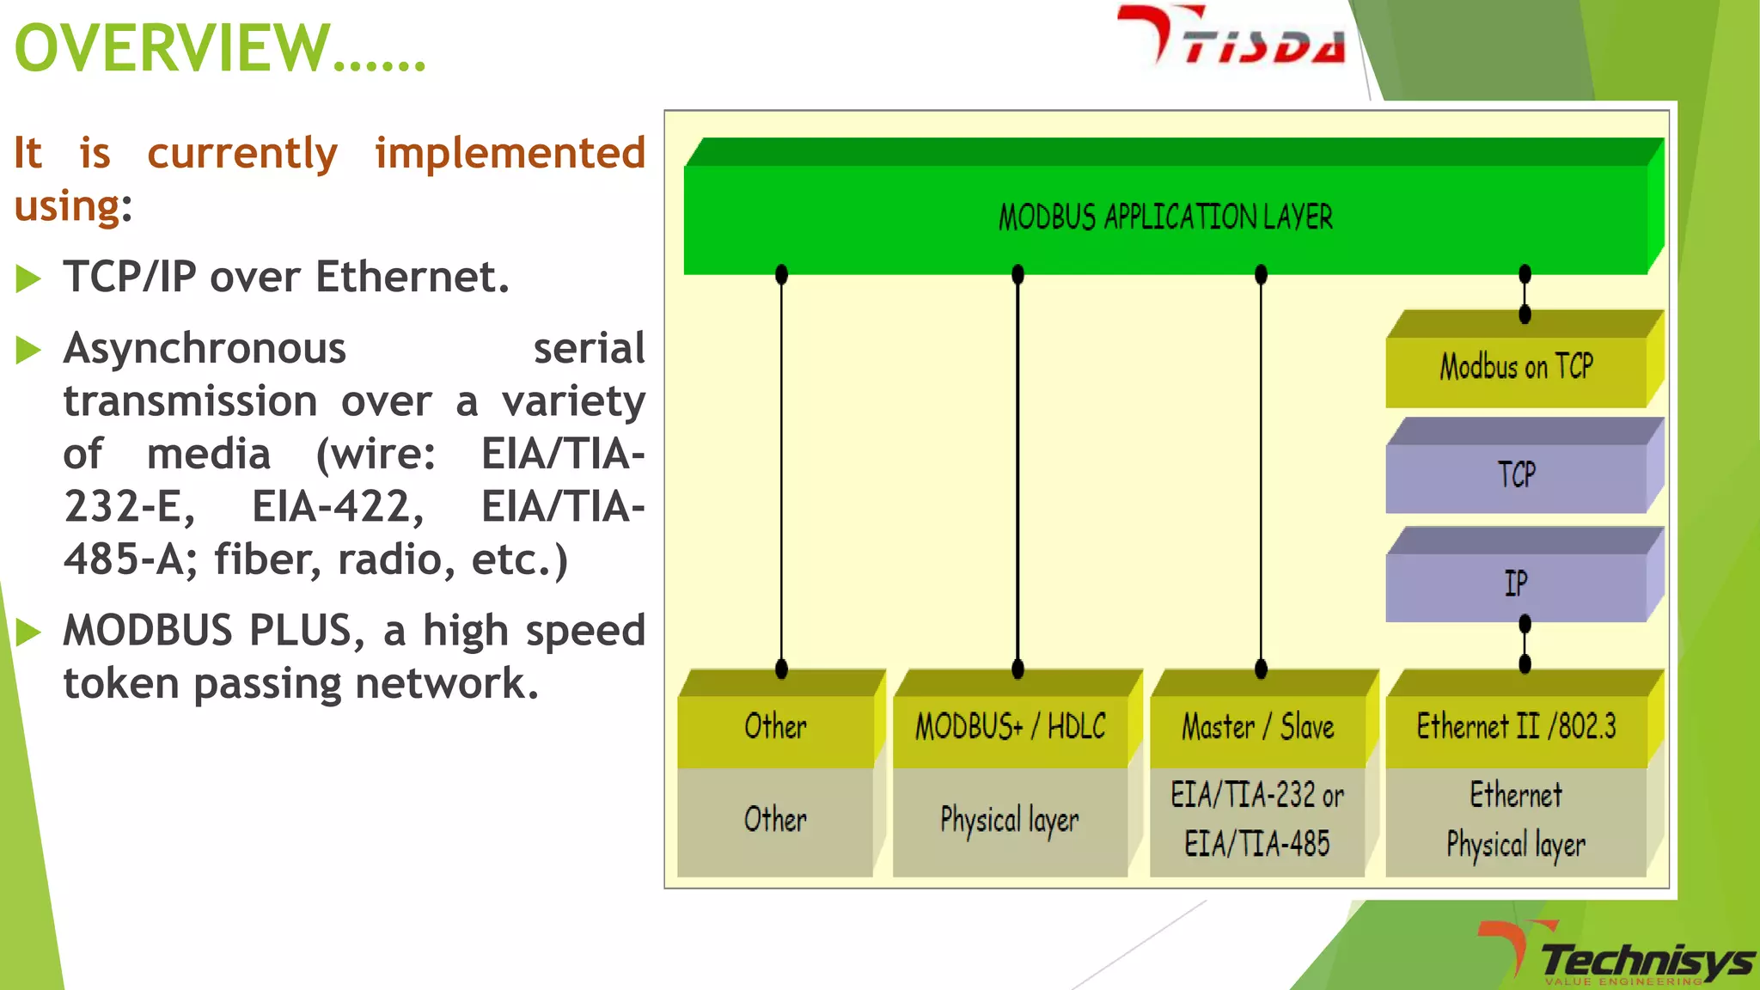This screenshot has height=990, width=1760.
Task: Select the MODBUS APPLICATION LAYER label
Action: click(x=1165, y=217)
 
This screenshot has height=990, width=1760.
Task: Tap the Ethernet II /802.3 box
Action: click(x=1516, y=727)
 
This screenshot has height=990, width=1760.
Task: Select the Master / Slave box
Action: click(x=1257, y=727)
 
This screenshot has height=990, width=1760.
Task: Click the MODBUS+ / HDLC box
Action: click(x=1011, y=727)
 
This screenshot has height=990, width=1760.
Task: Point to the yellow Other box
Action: click(x=775, y=727)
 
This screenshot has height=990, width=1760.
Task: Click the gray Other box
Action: click(x=775, y=820)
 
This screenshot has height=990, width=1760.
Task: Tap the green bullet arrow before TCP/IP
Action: click(x=28, y=278)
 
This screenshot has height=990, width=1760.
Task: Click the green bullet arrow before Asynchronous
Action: click(x=28, y=350)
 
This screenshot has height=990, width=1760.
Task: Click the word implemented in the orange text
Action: click(x=510, y=154)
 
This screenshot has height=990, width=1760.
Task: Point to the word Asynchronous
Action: click(x=205, y=349)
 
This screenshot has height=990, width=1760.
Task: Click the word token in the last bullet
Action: click(x=121, y=684)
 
